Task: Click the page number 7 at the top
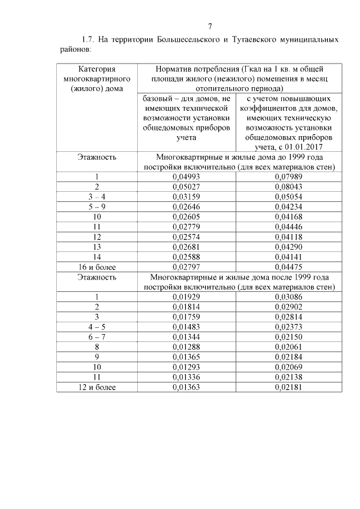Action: click(210, 26)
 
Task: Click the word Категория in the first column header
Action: click(97, 69)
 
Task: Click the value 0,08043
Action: click(288, 186)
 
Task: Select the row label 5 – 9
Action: click(97, 206)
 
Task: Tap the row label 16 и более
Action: click(97, 267)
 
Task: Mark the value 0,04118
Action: click(288, 236)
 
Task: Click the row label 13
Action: click(97, 246)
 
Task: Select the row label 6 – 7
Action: click(97, 337)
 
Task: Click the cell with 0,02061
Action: click(288, 347)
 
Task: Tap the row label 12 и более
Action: click(97, 387)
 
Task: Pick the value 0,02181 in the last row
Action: click(288, 387)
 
